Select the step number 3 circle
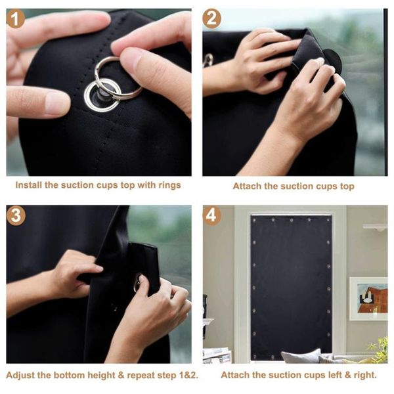click(16, 215)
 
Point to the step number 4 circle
click(212, 215)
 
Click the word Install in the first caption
click(30, 185)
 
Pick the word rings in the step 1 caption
click(168, 185)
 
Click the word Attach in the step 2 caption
click(248, 186)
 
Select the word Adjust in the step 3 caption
click(22, 376)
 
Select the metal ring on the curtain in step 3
click(137, 282)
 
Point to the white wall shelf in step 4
click(375, 227)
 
